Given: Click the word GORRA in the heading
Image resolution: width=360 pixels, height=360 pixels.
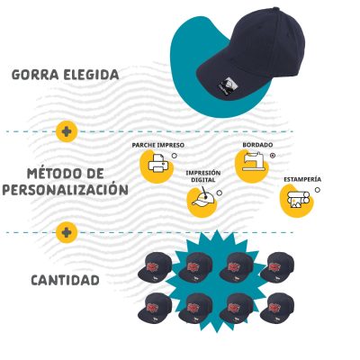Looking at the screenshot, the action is pos(35,75).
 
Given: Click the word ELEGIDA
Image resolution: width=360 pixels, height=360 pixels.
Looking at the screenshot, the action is pos(91,75).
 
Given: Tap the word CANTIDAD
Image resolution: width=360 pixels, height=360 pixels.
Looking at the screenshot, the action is pos(65,281).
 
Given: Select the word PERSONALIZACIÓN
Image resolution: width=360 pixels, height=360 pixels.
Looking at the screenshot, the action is pos(65,189).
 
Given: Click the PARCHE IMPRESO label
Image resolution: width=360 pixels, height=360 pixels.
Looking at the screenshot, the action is pos(158,145).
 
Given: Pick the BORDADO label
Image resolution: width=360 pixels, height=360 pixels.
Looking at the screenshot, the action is pos(257,145).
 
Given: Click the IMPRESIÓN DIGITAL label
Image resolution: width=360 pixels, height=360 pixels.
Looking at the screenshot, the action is pos(203,176).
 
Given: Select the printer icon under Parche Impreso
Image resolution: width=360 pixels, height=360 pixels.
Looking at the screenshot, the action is pos(158,164).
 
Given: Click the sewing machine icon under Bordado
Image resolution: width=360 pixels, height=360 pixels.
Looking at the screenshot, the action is pos(254,162).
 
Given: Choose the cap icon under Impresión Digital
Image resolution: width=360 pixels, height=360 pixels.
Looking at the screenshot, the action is pos(203,199).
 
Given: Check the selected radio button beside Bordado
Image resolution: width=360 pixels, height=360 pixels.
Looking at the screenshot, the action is pos(273,156).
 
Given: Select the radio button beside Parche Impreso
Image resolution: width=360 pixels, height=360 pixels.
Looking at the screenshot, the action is pos(175,156).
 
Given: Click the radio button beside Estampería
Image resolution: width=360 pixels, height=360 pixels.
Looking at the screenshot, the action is pos(318,190).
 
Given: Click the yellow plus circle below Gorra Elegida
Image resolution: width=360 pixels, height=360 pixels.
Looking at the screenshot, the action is pos(67,131).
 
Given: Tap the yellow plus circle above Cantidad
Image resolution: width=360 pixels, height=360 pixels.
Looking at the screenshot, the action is pos(67,232).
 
